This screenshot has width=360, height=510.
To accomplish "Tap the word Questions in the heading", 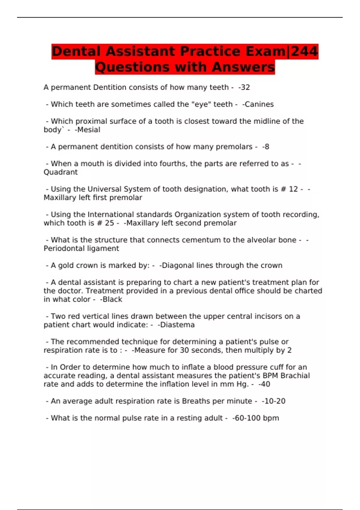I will point(133,67).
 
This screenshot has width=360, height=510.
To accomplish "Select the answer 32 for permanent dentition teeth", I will point(245,87).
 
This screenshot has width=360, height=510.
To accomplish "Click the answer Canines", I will point(259,104).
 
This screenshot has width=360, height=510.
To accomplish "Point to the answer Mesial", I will point(88,130).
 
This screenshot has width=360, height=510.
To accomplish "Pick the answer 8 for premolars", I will point(267,147).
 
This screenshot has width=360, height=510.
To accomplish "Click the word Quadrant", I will point(61,172).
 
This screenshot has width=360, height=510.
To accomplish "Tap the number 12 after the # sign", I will point(293,189).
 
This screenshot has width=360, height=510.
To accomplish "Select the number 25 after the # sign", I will point(109,223).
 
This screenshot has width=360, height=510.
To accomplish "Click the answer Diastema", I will point(177,325).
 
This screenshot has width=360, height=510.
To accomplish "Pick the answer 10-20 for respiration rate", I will point(274,401).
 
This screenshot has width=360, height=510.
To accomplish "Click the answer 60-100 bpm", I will point(256,418).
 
